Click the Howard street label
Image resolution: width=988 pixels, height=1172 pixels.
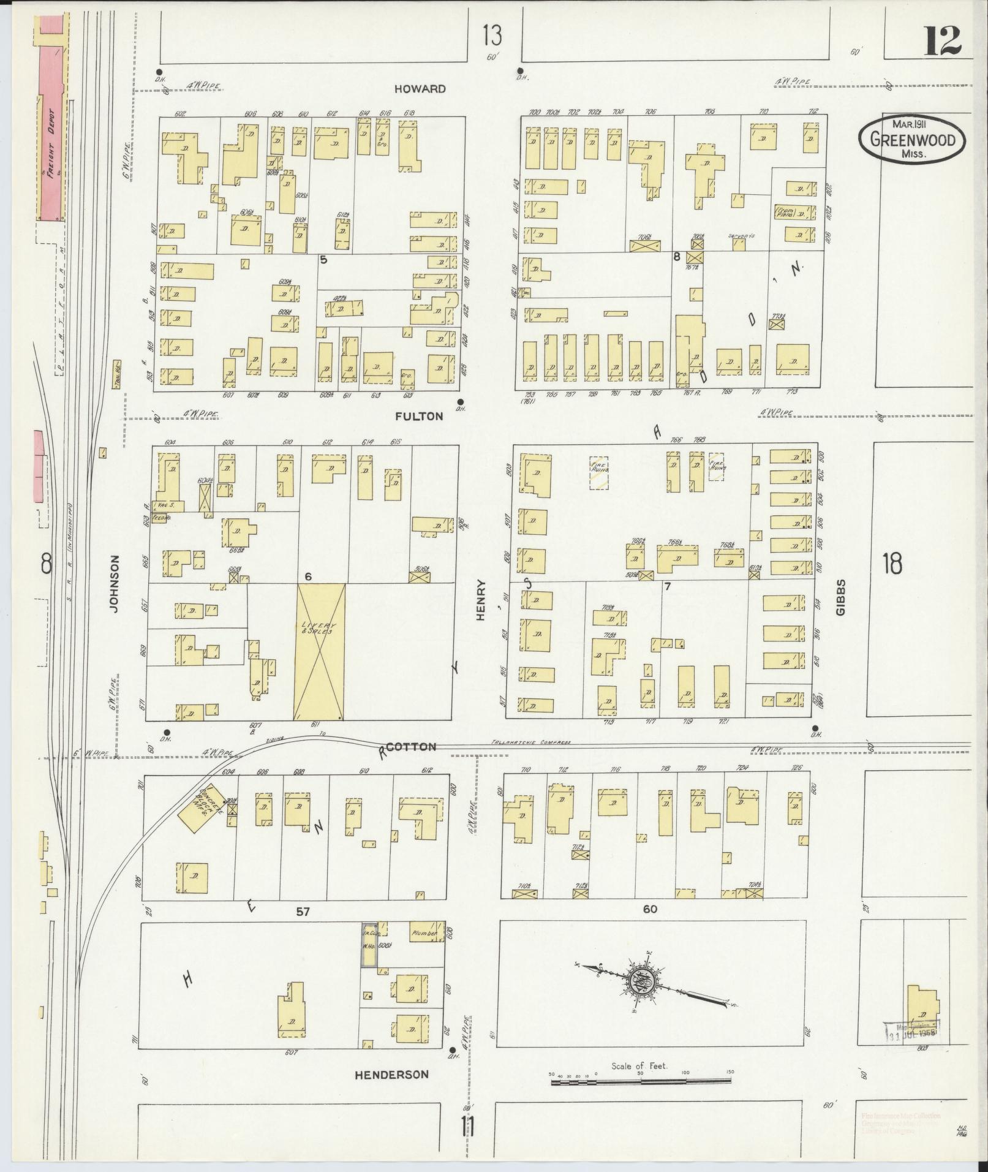[420, 89]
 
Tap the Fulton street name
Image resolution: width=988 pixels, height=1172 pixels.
[419, 416]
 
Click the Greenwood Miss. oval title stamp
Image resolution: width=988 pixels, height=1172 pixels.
[911, 140]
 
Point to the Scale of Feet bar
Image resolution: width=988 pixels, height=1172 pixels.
[640, 1083]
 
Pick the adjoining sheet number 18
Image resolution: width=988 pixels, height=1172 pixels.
[892, 562]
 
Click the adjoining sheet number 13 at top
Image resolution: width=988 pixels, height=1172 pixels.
[491, 36]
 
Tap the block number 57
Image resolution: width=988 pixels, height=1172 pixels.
[303, 912]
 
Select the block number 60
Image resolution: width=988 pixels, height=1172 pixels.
[649, 909]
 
